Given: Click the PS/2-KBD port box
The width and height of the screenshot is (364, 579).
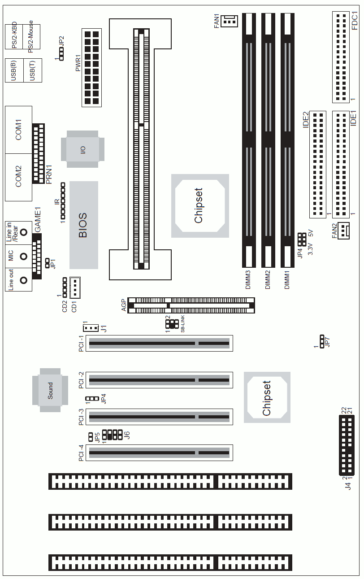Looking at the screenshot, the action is pyautogui.click(x=14, y=37).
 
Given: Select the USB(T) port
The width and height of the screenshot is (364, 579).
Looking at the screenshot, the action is pyautogui.click(x=33, y=70).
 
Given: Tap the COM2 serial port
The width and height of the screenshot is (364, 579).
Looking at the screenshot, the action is pyautogui.click(x=18, y=177).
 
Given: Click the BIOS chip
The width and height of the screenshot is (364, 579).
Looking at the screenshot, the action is pyautogui.click(x=84, y=225).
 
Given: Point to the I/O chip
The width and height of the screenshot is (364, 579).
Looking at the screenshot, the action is pyautogui.click(x=82, y=149).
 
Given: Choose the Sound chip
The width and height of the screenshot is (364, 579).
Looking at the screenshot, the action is pyautogui.click(x=50, y=390).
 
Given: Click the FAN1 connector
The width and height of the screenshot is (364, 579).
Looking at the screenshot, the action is pyautogui.click(x=230, y=21).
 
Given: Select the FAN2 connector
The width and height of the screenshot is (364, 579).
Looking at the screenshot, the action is pyautogui.click(x=343, y=231).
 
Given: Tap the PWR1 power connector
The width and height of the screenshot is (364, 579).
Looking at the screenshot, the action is pyautogui.click(x=92, y=68).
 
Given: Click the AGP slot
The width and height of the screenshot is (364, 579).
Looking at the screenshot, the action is pyautogui.click(x=191, y=305).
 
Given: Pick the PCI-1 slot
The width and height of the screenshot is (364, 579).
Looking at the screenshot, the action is pyautogui.click(x=159, y=343).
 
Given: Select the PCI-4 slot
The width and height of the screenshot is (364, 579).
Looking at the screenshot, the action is pyautogui.click(x=159, y=453).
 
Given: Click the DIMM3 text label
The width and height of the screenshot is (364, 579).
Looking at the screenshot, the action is pyautogui.click(x=248, y=280).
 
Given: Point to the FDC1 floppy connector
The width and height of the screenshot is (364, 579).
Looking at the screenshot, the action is pyautogui.click(x=341, y=57).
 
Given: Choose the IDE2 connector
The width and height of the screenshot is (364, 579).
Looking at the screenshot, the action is pyautogui.click(x=318, y=165).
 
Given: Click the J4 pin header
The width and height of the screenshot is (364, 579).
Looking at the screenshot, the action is pyautogui.click(x=347, y=445).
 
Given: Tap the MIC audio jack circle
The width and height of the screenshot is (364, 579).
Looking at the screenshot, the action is pyautogui.click(x=24, y=257).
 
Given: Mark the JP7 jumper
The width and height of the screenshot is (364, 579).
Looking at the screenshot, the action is pyautogui.click(x=322, y=341).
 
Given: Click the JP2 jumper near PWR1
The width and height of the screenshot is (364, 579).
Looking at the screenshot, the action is pyautogui.click(x=61, y=54).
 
